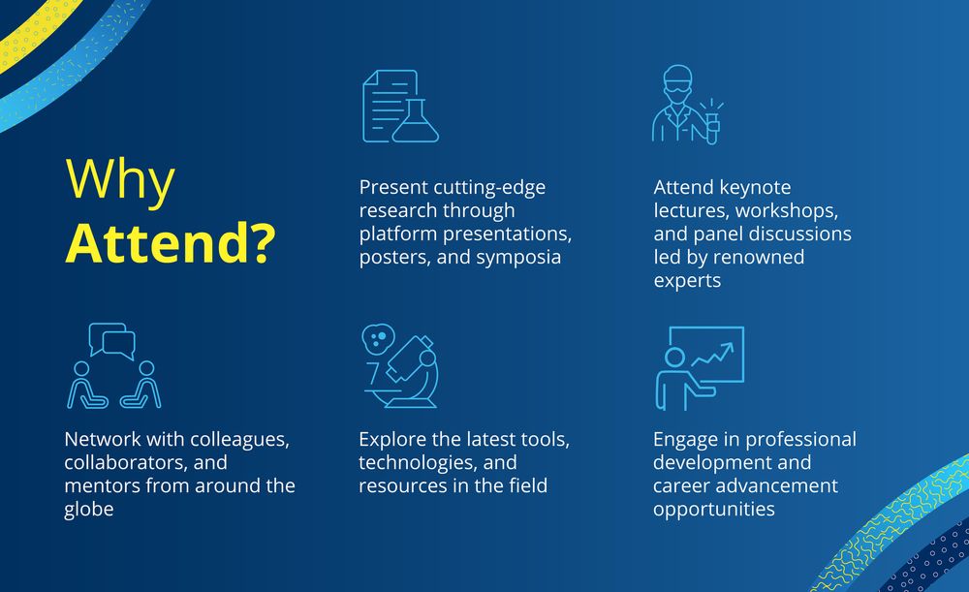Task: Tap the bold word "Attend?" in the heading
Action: click(171, 243)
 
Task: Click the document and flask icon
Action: click(400, 107)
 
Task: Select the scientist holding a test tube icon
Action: click(687, 105)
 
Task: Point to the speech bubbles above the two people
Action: click(111, 340)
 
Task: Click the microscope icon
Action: click(400, 366)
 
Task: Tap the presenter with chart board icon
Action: click(700, 368)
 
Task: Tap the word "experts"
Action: click(687, 281)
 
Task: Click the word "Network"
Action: click(103, 439)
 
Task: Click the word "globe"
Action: click(89, 510)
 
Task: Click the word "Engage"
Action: click(685, 440)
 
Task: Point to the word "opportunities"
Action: click(714, 510)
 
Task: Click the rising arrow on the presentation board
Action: click(712, 355)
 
